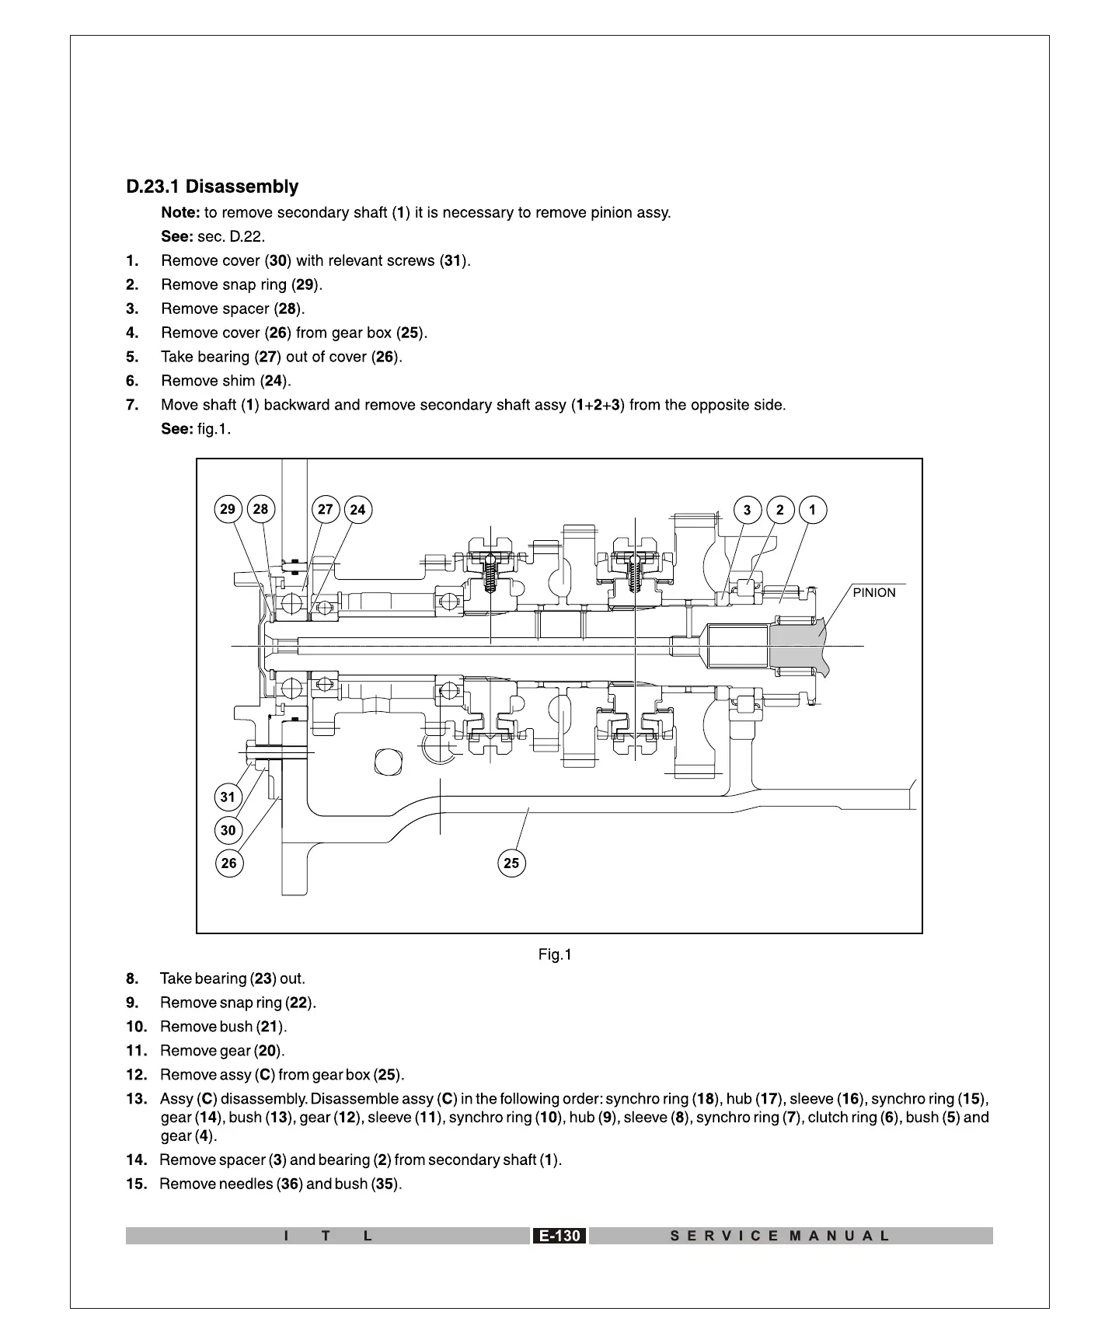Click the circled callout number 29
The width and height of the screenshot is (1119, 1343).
(228, 510)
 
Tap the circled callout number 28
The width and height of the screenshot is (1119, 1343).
(260, 510)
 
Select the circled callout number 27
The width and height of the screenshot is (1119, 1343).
(325, 510)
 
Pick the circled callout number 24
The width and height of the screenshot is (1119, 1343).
(357, 510)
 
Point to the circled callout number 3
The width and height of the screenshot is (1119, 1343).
(748, 510)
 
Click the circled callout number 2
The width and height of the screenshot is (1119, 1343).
(780, 510)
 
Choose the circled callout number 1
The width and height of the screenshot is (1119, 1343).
(813, 510)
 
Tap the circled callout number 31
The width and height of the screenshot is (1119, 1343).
(228, 797)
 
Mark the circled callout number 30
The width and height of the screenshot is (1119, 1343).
(228, 830)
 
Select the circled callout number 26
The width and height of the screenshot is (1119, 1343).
(228, 863)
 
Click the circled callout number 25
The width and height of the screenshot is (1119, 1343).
(511, 863)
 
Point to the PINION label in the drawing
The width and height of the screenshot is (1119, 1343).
(874, 593)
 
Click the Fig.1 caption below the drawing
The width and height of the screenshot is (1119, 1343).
(555, 954)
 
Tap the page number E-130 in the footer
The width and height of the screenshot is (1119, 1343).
(559, 1236)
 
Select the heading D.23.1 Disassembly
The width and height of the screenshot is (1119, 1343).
(212, 187)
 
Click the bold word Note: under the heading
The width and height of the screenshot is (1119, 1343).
(180, 213)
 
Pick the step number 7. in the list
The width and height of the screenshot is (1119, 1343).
(132, 405)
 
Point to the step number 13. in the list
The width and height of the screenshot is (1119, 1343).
(136, 1099)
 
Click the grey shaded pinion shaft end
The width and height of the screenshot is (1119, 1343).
(800, 645)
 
